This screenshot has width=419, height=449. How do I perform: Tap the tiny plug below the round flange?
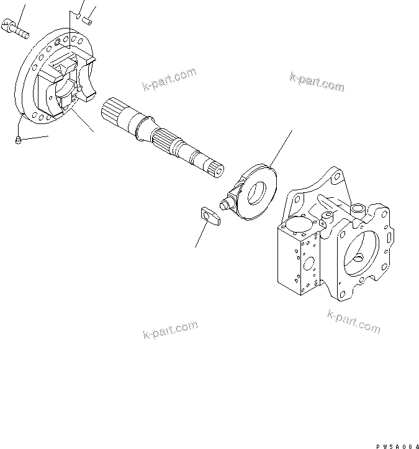tap(19, 141)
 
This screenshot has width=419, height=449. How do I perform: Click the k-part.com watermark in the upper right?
tap(317, 81)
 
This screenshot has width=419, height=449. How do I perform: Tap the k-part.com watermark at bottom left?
tap(169, 329)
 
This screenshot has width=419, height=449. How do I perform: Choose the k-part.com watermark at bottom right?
tap(353, 322)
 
